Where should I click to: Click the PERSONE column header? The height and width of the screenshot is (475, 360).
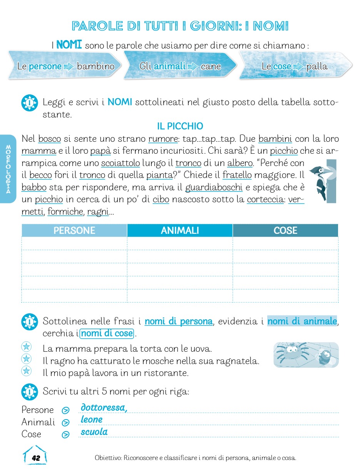(x=74, y=230)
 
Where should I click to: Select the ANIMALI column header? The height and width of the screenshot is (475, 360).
(x=180, y=230)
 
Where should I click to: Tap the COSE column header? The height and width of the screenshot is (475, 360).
(x=285, y=230)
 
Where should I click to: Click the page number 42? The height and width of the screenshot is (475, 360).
(x=36, y=458)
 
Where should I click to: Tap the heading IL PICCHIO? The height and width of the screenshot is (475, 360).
(x=180, y=126)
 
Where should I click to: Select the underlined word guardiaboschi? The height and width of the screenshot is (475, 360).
(x=214, y=188)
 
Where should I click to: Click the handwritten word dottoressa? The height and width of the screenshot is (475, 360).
(x=104, y=408)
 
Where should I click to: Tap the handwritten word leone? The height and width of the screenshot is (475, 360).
(x=92, y=420)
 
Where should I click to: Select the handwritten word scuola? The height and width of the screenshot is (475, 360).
(x=94, y=432)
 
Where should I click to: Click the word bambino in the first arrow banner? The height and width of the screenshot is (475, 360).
(x=95, y=66)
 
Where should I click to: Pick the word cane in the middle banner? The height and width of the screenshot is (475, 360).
(x=211, y=66)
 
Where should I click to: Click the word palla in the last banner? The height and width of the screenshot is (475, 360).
(x=316, y=66)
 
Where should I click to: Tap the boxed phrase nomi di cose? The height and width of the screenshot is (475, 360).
(x=107, y=333)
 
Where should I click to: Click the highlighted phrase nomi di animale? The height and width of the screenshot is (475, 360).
(x=302, y=321)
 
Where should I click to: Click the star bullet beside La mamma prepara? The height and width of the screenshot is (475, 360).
(x=26, y=347)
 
